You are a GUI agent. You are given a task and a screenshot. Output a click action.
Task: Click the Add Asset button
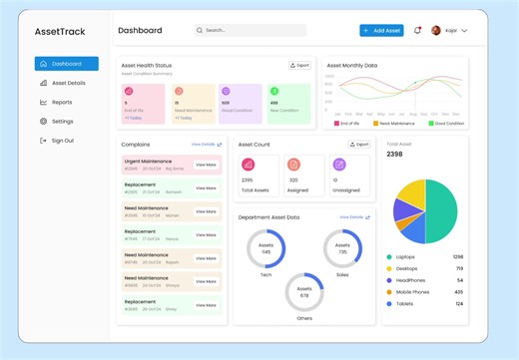(x=381, y=31)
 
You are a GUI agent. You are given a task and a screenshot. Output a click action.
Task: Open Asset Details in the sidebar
(x=68, y=83)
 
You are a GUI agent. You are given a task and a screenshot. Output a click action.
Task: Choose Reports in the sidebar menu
(x=61, y=102)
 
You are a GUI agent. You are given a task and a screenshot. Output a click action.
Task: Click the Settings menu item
(x=62, y=122)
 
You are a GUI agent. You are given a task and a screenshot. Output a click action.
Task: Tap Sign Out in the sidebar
(x=62, y=141)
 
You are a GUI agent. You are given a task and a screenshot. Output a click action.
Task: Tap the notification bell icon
(x=417, y=31)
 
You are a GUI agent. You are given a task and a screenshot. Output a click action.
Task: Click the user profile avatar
(x=436, y=31)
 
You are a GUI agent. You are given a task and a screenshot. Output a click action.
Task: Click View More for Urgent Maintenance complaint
(x=206, y=164)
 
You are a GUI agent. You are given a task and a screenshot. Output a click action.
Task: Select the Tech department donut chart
(x=265, y=249)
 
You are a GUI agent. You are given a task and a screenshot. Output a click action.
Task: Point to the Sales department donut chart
(x=342, y=249)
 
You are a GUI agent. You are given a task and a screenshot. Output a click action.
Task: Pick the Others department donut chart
(x=304, y=293)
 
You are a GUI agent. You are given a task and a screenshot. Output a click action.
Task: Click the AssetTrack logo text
(x=60, y=32)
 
